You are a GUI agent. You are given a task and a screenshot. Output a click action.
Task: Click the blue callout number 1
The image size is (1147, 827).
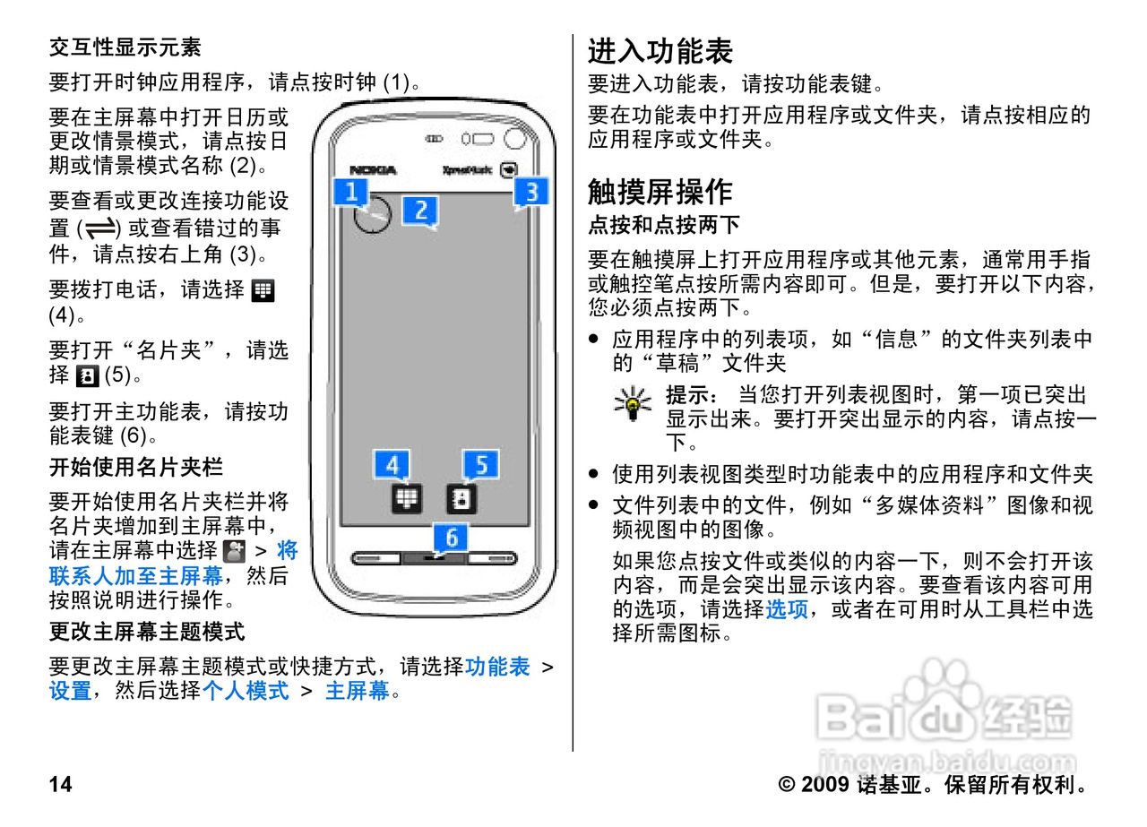(x=351, y=192)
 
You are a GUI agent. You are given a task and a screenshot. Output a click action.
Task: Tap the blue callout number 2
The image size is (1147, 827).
(x=419, y=210)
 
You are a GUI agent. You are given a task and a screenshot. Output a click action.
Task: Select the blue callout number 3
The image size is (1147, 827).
(x=531, y=192)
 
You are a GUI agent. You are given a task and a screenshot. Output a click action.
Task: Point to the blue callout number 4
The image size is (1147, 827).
(x=392, y=465)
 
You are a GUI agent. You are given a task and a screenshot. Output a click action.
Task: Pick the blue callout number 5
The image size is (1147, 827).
(x=481, y=465)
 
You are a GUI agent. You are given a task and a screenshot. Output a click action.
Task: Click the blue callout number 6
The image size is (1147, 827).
(x=452, y=537)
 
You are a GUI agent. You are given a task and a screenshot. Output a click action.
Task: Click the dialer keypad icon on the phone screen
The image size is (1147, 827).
(x=406, y=498)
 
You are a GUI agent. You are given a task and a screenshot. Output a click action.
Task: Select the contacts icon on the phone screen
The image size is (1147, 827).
(x=461, y=498)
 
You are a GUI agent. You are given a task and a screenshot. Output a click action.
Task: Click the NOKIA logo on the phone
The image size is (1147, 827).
(x=373, y=170)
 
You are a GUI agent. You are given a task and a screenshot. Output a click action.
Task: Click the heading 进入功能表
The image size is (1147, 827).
(x=660, y=50)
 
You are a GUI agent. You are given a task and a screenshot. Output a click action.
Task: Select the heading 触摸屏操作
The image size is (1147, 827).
(x=660, y=191)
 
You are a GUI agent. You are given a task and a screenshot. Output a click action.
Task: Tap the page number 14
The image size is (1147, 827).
(x=60, y=786)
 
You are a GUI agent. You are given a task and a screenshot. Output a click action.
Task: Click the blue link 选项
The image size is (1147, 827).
(x=786, y=609)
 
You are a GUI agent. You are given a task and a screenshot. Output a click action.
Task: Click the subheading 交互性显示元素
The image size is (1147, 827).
(x=125, y=47)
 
